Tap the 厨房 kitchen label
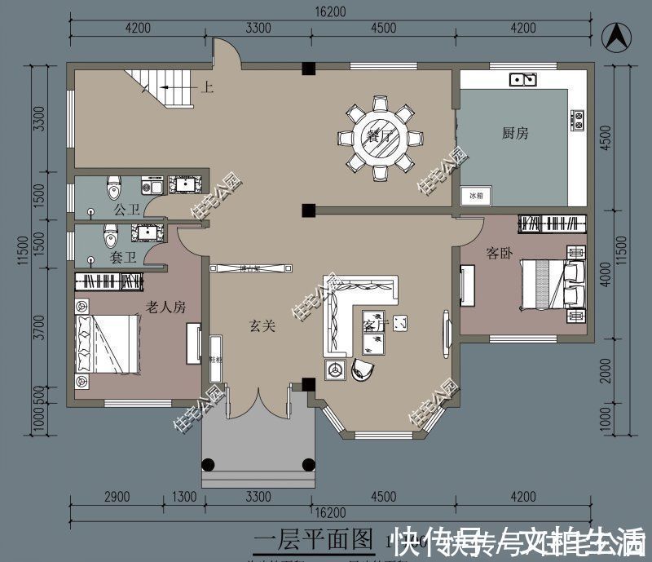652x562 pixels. pyautogui.click(x=515, y=133)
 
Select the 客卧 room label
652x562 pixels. pyautogui.click(x=499, y=253)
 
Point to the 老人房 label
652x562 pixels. pyautogui.click(x=166, y=307)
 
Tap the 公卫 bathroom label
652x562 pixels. pyautogui.click(x=127, y=210)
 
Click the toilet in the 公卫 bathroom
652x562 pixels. pyautogui.click(x=114, y=188)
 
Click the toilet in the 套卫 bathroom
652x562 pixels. pyautogui.click(x=110, y=236)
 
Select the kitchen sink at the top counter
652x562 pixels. pyautogui.click(x=522, y=79)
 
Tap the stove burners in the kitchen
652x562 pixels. pyautogui.click(x=579, y=120)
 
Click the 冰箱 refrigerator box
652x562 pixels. pyautogui.click(x=476, y=196)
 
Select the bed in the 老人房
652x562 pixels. pyautogui.click(x=106, y=343)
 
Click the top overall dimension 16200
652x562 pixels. pyautogui.click(x=327, y=11)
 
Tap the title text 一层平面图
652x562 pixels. pyautogui.click(x=315, y=540)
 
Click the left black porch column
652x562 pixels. pyautogui.click(x=209, y=465)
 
